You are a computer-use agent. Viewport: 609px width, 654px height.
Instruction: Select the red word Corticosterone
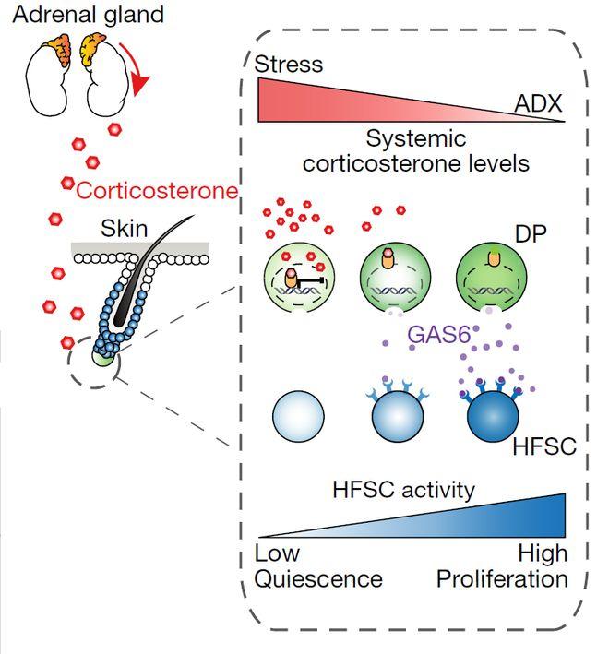pyautogui.click(x=157, y=192)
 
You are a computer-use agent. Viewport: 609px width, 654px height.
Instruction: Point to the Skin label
pyautogui.click(x=124, y=228)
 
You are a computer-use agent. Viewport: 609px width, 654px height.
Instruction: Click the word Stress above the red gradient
pyautogui.click(x=289, y=65)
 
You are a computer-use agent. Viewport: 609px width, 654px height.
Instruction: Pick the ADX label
pyautogui.click(x=539, y=106)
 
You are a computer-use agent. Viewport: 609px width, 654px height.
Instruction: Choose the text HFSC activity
pyautogui.click(x=404, y=490)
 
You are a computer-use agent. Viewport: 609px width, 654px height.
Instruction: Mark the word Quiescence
pyautogui.click(x=318, y=579)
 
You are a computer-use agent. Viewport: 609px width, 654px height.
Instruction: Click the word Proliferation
pyautogui.click(x=503, y=579)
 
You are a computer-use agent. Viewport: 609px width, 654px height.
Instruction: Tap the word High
pyautogui.click(x=543, y=555)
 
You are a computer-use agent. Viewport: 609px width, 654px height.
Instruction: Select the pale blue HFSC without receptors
pyautogui.click(x=298, y=418)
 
